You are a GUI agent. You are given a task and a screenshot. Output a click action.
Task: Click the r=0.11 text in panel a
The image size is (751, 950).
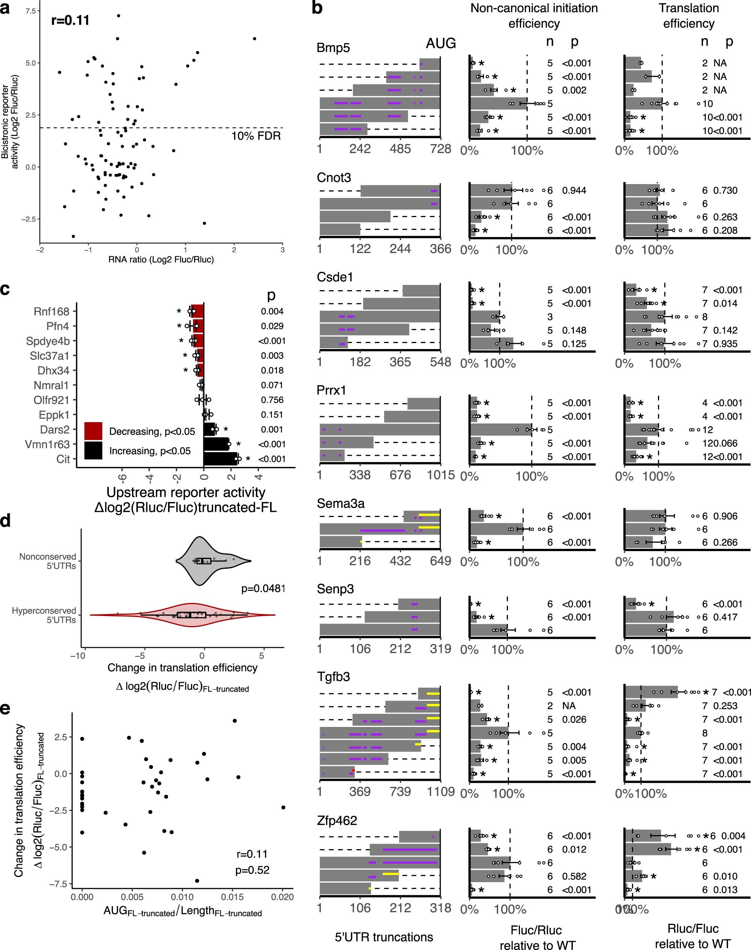click(71, 20)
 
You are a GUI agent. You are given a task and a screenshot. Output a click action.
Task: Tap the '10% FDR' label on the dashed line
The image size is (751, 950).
click(256, 136)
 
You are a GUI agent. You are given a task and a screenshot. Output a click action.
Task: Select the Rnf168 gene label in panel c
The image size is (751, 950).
click(51, 312)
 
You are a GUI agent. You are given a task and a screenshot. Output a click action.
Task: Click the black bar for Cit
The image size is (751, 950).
click(220, 459)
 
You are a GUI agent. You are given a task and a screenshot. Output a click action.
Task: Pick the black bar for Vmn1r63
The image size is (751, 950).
click(215, 444)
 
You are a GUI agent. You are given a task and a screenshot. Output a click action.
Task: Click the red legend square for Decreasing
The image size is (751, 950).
click(93, 431)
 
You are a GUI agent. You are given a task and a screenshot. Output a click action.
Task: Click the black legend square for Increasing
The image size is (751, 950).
click(93, 450)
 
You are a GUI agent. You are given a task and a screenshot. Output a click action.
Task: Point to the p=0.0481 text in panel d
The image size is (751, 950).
click(263, 588)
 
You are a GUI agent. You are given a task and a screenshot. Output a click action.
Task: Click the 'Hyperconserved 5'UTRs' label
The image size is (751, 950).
click(44, 615)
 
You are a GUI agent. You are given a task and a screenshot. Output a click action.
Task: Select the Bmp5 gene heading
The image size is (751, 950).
click(333, 48)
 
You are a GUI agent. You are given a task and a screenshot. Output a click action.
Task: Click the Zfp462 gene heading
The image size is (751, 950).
click(337, 820)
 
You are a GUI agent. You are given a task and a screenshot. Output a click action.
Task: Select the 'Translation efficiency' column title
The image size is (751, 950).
click(689, 16)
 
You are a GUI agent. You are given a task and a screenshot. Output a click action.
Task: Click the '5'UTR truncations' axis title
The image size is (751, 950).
click(384, 937)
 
